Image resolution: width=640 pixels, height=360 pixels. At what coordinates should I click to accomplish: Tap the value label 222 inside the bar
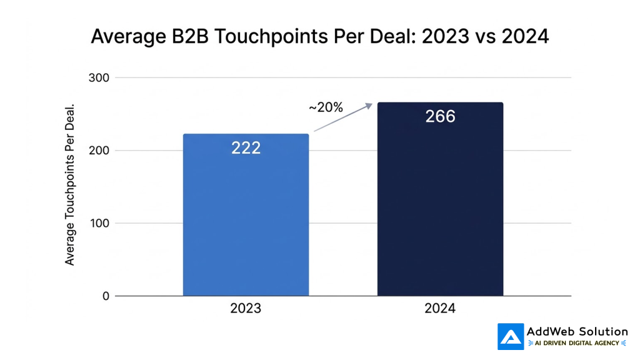(x=246, y=148)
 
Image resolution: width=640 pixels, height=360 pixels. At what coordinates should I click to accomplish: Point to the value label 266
(x=440, y=116)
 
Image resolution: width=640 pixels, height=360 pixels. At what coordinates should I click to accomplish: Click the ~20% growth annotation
(x=326, y=107)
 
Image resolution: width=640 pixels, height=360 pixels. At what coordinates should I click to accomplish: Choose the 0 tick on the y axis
(x=106, y=296)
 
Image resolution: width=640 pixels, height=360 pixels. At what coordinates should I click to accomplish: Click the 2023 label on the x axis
(x=246, y=309)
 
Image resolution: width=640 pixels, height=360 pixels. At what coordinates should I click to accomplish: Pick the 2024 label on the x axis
(x=440, y=309)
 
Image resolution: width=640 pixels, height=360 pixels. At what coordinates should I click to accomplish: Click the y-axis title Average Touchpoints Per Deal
(x=70, y=184)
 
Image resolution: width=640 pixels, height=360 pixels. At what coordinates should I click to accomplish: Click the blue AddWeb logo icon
(x=511, y=336)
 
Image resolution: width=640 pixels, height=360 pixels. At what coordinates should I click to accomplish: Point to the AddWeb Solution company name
(x=577, y=331)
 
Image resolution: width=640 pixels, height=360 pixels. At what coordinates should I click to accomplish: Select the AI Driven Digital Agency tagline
(x=577, y=343)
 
